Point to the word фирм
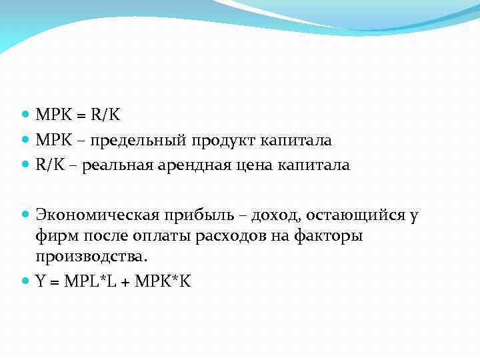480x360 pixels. click(x=55, y=237)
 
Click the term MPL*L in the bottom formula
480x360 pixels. click(x=91, y=281)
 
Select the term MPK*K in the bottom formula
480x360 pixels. click(x=163, y=281)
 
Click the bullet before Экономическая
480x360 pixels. click(x=25, y=215)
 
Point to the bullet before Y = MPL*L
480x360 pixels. click(x=25, y=281)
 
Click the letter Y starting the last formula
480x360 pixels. click(x=41, y=281)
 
